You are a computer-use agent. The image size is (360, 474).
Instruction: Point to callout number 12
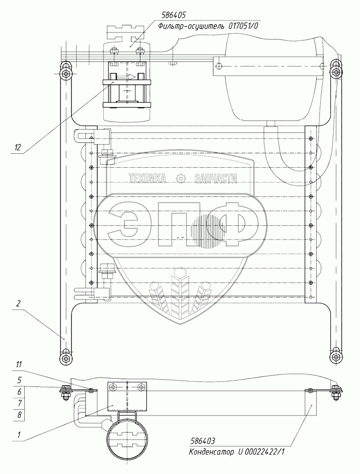click(18, 147)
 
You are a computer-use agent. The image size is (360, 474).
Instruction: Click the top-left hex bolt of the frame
click(64, 72)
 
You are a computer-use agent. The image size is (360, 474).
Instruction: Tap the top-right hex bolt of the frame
click(336, 72)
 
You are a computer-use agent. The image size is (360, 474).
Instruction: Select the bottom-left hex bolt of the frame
click(64, 358)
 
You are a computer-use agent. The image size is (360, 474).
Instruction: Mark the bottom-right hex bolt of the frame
click(336, 357)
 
